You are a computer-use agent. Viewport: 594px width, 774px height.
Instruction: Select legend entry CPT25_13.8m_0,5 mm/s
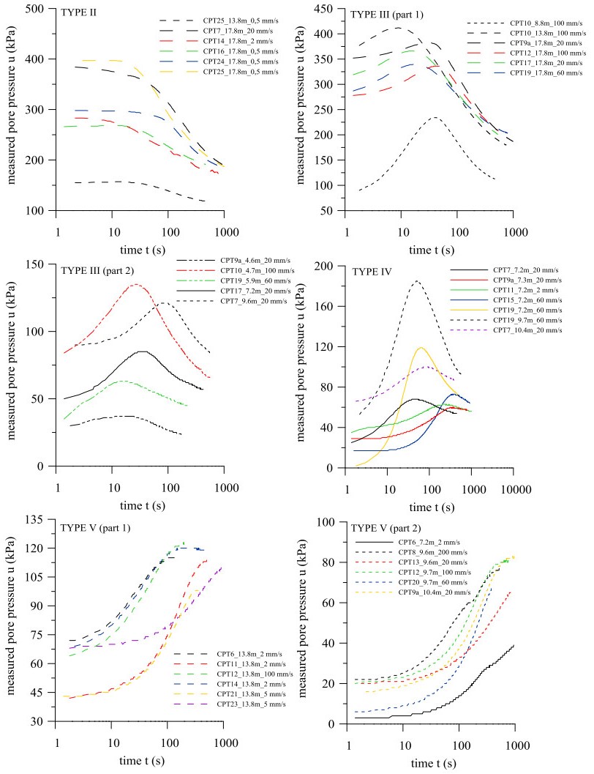click(207, 21)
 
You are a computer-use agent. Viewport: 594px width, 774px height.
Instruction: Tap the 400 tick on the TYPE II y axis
click(36, 59)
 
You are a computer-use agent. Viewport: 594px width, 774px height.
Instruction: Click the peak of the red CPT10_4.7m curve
click(136, 284)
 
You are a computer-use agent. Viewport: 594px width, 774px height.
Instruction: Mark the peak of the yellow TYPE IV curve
click(421, 347)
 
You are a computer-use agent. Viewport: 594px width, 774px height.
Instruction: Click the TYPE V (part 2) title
click(394, 526)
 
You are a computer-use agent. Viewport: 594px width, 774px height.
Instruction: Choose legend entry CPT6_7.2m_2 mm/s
click(424, 540)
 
